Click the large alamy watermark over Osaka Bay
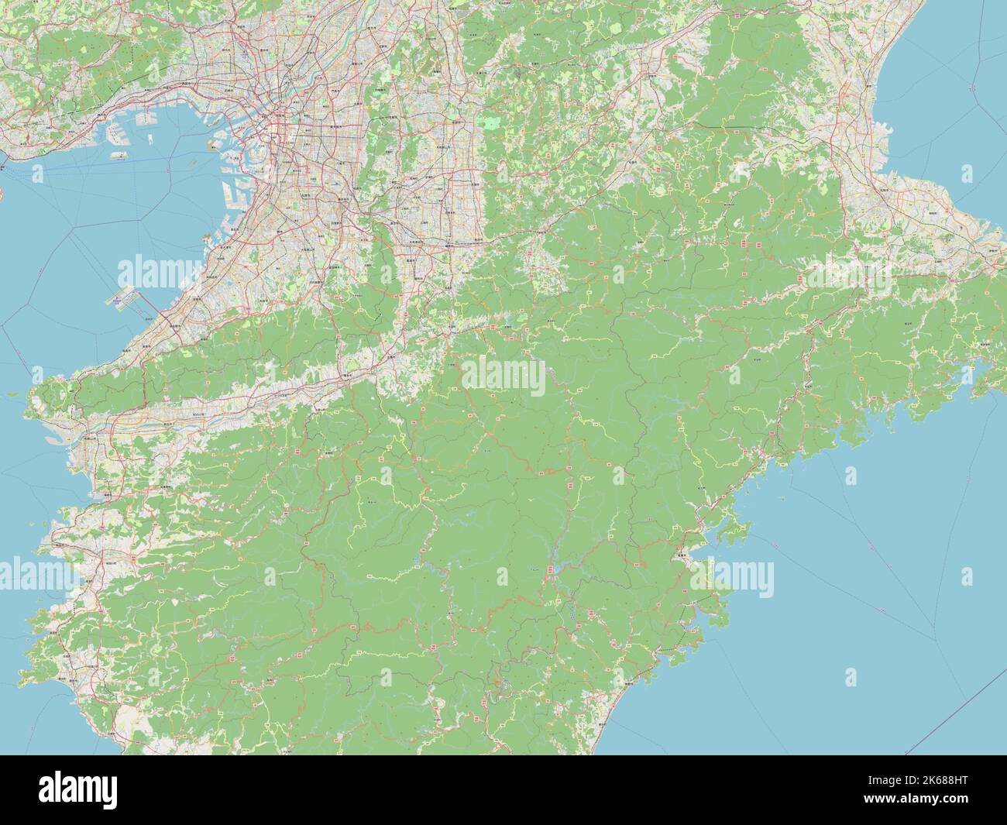point(159,272)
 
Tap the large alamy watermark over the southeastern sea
point(732,578)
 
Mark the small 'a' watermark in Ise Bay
point(967,173)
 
